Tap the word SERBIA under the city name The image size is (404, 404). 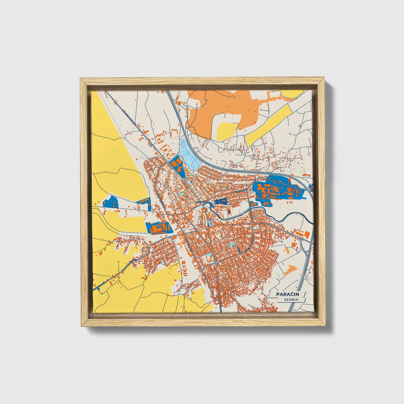[291, 300]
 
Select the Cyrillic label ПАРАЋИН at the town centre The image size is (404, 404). [202, 202]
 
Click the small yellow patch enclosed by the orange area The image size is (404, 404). [227, 131]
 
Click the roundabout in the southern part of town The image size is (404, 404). [216, 263]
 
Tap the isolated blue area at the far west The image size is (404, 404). [110, 202]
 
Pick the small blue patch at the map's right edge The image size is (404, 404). [311, 187]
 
